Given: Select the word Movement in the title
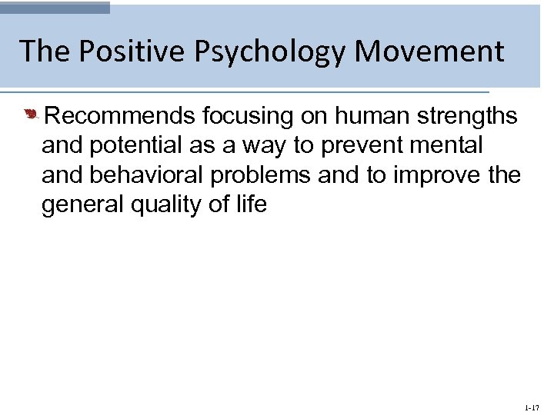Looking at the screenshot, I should pyautogui.click(x=429, y=51).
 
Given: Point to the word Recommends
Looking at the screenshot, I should pyautogui.click(x=121, y=116).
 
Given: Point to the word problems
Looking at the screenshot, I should pyautogui.click(x=258, y=176).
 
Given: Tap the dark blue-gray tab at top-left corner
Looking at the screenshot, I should pyautogui.click(x=55, y=7).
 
